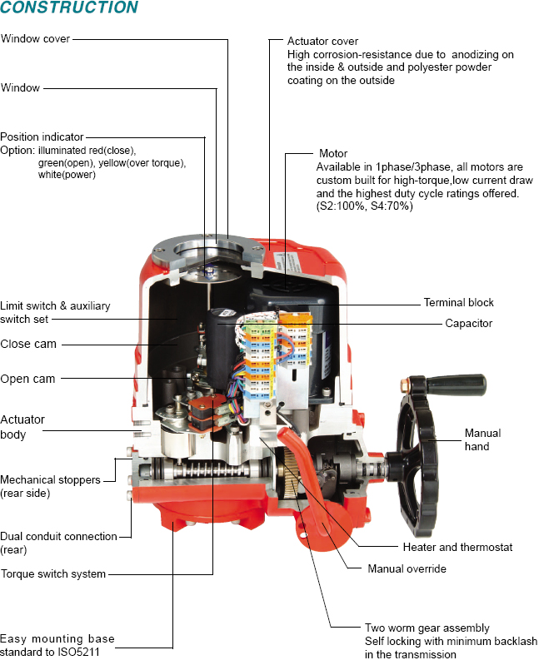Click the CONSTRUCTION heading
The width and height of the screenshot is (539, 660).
click(x=69, y=8)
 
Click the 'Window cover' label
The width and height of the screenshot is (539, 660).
click(x=35, y=39)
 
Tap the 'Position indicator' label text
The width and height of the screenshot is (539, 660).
click(x=42, y=137)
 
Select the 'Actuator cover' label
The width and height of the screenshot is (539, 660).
click(x=322, y=41)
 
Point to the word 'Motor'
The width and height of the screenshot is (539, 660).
click(x=333, y=154)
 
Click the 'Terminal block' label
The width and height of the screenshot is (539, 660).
click(x=458, y=303)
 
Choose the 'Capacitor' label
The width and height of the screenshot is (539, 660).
click(x=468, y=323)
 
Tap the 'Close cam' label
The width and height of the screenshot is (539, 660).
click(x=28, y=344)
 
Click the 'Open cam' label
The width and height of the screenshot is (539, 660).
click(x=27, y=379)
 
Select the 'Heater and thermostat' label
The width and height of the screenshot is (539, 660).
click(x=457, y=547)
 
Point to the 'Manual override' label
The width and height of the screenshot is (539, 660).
click(x=407, y=569)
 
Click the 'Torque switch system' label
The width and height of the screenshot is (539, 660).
click(x=53, y=573)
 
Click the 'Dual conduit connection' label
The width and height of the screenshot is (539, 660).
click(x=58, y=537)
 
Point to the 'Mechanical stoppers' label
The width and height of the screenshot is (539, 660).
click(x=50, y=480)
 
